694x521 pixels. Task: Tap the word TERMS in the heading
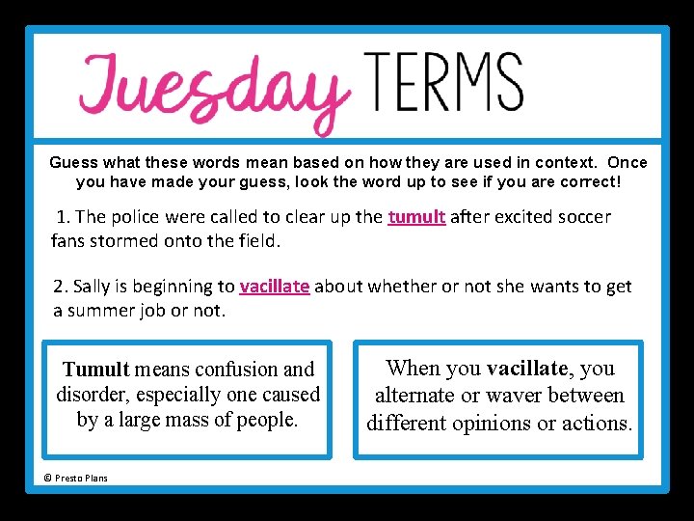[444, 81]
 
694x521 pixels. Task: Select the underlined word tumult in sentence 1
[416, 217]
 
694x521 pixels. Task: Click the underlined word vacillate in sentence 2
[275, 287]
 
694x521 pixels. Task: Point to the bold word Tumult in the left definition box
[95, 370]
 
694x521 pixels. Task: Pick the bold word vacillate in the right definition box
[528, 369]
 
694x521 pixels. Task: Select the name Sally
[93, 287]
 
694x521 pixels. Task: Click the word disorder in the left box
[92, 395]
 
